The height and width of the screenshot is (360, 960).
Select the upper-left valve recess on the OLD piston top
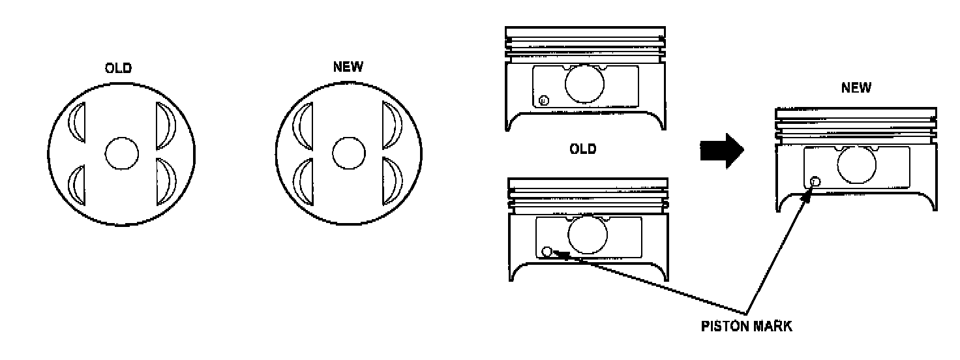coord(78,123)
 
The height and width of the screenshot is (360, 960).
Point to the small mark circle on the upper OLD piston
coord(545,100)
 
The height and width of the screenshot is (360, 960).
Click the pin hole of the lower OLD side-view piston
coord(588,235)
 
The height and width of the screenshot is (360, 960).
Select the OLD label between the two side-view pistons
coord(583,149)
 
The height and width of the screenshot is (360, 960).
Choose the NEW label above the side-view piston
coord(856,88)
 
